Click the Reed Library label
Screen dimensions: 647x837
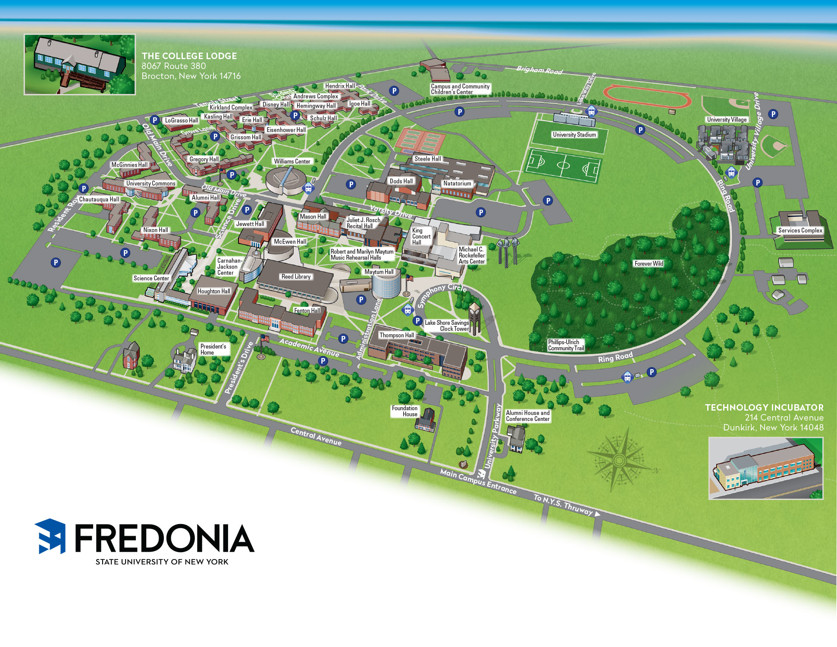[296, 276]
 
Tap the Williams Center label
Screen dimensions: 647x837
[292, 161]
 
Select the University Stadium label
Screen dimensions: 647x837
[574, 135]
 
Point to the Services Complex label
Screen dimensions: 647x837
[800, 230]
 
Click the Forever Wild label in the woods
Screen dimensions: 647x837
[649, 264]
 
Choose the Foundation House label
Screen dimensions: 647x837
[404, 411]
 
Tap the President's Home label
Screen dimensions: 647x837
[213, 349]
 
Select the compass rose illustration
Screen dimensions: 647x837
[619, 460]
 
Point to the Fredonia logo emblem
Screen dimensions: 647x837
[50, 536]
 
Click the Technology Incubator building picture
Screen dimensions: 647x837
[765, 468]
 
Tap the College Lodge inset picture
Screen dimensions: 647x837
[80, 64]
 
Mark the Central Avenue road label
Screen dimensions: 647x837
[316, 437]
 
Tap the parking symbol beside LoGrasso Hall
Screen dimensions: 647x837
[155, 120]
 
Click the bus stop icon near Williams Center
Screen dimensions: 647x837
[308, 188]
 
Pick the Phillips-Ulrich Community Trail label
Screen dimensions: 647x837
[566, 345]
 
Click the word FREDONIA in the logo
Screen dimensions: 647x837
[164, 538]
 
